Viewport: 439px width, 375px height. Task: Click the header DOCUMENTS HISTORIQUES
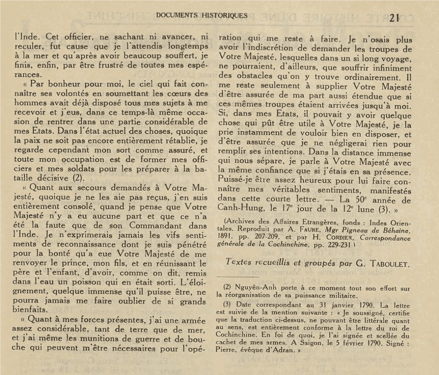click(202, 15)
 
